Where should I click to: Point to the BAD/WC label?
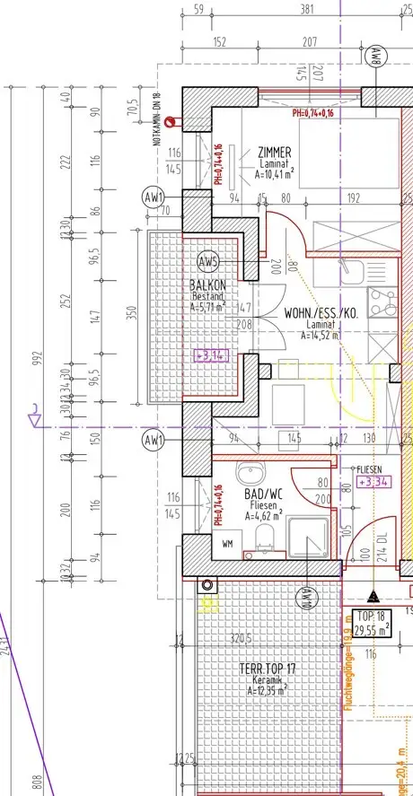click(x=263, y=493)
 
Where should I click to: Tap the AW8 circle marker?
click(x=374, y=57)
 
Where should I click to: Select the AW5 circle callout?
click(x=208, y=262)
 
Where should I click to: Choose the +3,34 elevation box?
click(x=374, y=482)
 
